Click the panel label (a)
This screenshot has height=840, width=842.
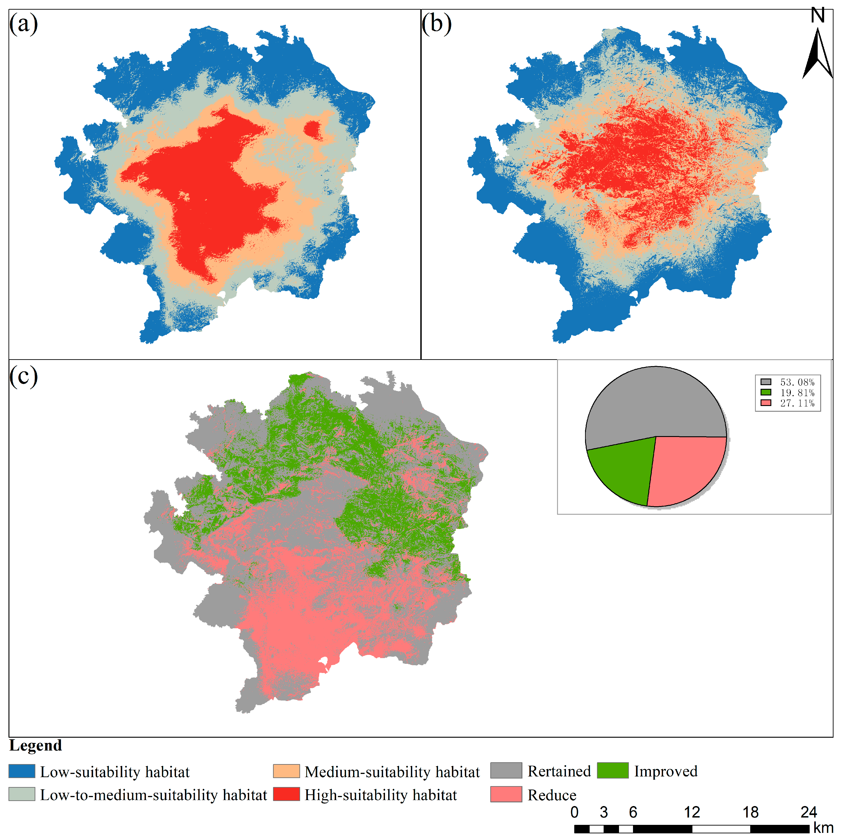pyautogui.click(x=24, y=24)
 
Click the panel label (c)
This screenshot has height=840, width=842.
pyautogui.click(x=24, y=375)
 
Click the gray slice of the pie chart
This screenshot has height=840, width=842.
pyautogui.click(x=654, y=405)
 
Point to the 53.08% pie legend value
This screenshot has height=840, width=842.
pyautogui.click(x=797, y=382)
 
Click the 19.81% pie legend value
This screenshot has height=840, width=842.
pyautogui.click(x=797, y=392)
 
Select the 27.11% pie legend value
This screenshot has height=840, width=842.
pyautogui.click(x=797, y=403)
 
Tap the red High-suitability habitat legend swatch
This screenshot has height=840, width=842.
pyautogui.click(x=286, y=794)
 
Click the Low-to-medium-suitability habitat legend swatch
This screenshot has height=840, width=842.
pyautogui.click(x=22, y=794)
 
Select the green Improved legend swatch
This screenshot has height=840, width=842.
pyautogui.click(x=612, y=770)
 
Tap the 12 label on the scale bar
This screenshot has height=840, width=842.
pyautogui.click(x=692, y=812)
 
